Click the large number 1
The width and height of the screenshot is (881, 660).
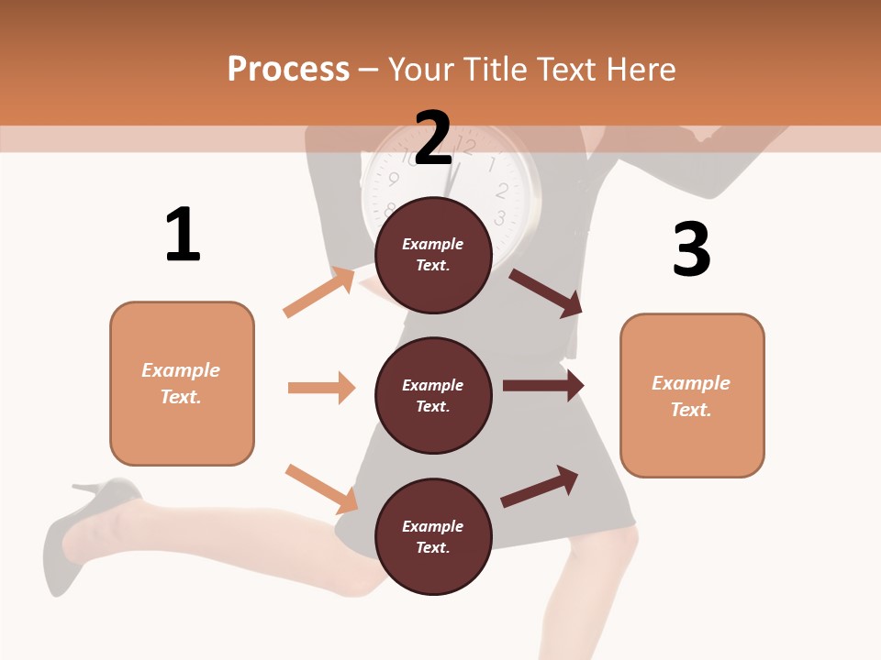tap(183, 235)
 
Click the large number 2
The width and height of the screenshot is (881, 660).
tap(433, 138)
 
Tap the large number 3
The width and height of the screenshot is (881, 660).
tap(691, 249)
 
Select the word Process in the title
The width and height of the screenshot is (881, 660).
tap(288, 69)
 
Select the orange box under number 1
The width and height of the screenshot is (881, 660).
tap(182, 383)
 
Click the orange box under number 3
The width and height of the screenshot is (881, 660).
tap(692, 395)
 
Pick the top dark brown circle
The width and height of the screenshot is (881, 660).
tap(433, 255)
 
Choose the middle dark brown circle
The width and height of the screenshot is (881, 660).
tap(433, 395)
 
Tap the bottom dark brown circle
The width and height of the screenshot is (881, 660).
tap(433, 536)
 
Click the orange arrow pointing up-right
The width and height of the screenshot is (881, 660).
tap(319, 292)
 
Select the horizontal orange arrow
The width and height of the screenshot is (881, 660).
tap(321, 388)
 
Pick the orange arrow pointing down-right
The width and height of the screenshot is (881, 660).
tap(321, 489)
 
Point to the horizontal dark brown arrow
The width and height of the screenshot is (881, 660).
tap(543, 386)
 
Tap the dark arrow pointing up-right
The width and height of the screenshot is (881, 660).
tap(540, 487)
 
